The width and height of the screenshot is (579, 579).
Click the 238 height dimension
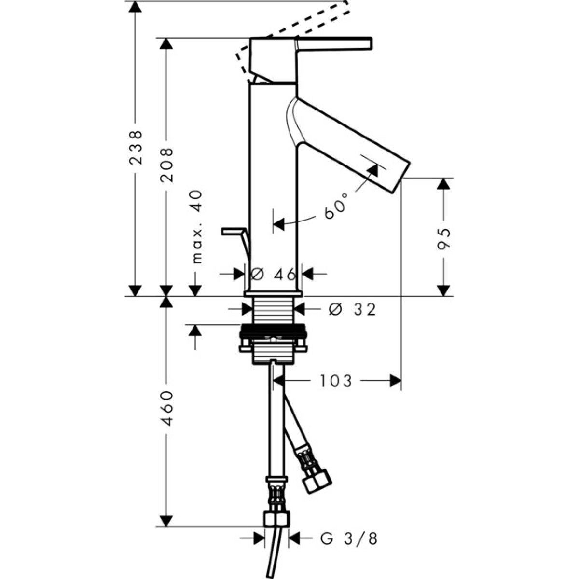click(136, 147)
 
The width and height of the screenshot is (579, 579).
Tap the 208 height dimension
click(167, 165)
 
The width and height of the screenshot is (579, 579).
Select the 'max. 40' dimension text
click(197, 227)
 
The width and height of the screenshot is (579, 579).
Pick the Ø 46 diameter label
click(273, 274)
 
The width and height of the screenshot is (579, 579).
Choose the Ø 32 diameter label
click(352, 309)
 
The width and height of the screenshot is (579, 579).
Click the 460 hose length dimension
click(167, 408)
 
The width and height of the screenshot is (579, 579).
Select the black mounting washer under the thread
click(273, 331)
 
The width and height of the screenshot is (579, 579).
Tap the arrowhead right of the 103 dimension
click(396, 381)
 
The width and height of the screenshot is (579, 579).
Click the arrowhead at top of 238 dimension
click(135, 7)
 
